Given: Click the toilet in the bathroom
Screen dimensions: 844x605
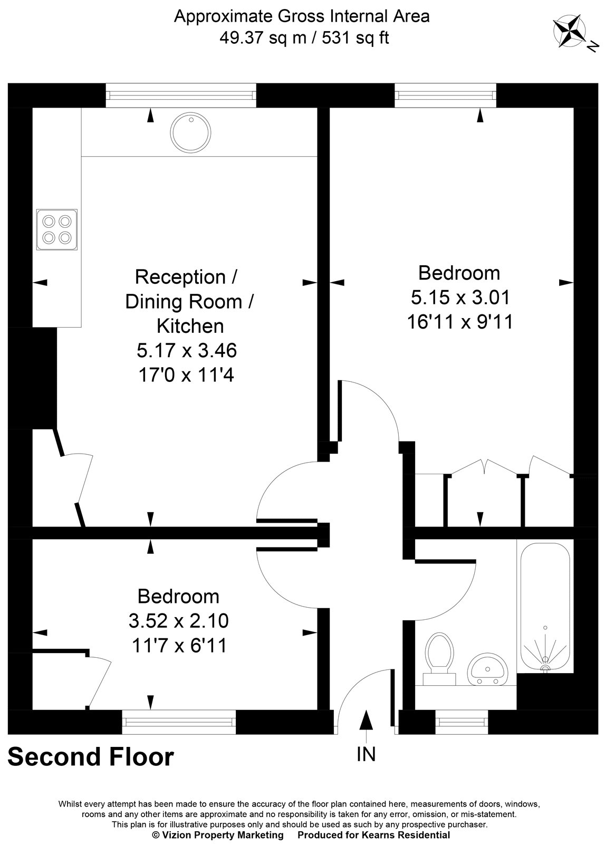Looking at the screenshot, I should coord(439,654).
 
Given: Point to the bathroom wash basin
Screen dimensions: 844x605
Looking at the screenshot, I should coord(487,669).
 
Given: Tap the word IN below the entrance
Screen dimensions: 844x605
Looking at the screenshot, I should coord(366,754).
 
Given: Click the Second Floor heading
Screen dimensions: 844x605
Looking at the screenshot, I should coord(91,757).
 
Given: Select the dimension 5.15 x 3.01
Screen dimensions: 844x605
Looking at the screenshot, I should coord(460,298).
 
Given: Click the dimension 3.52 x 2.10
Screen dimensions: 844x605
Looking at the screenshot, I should coord(178,621).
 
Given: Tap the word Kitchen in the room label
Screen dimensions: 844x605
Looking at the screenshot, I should coord(190,326).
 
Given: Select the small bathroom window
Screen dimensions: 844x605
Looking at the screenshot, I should coord(462,721).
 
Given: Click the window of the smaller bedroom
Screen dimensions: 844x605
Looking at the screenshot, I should coord(179,721).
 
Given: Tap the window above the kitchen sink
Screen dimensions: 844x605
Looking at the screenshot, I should coord(181,95).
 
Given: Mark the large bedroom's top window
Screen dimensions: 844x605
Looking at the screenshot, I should coord(446,95).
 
